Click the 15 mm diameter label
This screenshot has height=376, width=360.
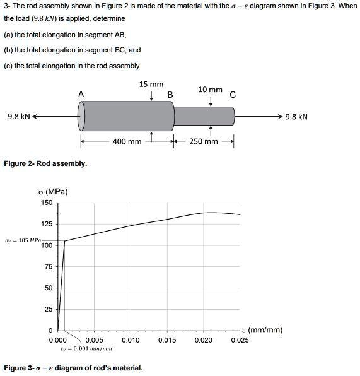pyautogui.click(x=151, y=85)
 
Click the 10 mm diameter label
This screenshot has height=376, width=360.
pyautogui.click(x=210, y=90)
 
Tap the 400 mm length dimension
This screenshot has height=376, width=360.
pyautogui.click(x=127, y=141)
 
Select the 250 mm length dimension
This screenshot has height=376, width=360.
pyautogui.click(x=203, y=141)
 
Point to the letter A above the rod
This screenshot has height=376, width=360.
pyautogui.click(x=81, y=94)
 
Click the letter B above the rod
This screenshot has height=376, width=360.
pyautogui.click(x=170, y=95)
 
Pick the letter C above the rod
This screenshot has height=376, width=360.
pyautogui.click(x=233, y=95)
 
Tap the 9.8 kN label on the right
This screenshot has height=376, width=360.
pyautogui.click(x=296, y=117)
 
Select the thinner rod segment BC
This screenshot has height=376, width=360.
pyautogui.click(x=204, y=116)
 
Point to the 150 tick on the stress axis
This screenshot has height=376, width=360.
pyautogui.click(x=47, y=203)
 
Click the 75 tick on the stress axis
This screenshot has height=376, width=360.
pyautogui.click(x=49, y=267)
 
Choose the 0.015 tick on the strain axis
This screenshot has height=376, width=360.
pyautogui.click(x=167, y=341)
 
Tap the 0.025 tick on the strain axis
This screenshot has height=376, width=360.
pyautogui.click(x=240, y=341)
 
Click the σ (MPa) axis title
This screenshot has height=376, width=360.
pyautogui.click(x=53, y=192)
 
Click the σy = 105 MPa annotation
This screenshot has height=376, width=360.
pyautogui.click(x=22, y=240)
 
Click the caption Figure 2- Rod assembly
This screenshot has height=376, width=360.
pyautogui.click(x=45, y=163)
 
